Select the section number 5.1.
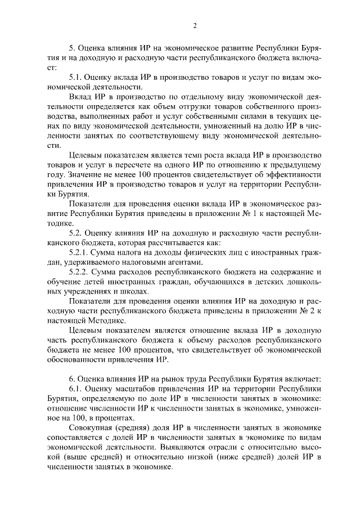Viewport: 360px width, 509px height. pyautogui.click(x=76, y=76)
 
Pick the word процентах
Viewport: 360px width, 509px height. pyautogui.click(x=115, y=418)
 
